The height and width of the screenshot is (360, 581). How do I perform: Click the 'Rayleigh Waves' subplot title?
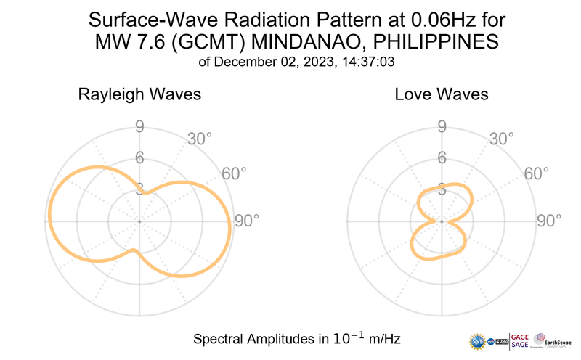pyautogui.click(x=139, y=94)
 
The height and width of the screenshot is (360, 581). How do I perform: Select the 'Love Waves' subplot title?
pyautogui.click(x=442, y=94)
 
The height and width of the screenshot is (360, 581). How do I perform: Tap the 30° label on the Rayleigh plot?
pyautogui.click(x=200, y=139)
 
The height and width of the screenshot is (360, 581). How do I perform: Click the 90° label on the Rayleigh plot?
pyautogui.click(x=246, y=220)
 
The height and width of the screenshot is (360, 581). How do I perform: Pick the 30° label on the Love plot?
pyautogui.click(x=502, y=139)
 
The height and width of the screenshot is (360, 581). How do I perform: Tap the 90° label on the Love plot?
pyautogui.click(x=548, y=220)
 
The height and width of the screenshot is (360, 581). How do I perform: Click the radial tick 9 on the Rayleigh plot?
pyautogui.click(x=139, y=128)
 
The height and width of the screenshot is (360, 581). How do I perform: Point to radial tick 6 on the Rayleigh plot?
pyautogui.click(x=139, y=157)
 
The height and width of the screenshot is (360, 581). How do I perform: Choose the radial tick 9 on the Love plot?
pyautogui.click(x=442, y=128)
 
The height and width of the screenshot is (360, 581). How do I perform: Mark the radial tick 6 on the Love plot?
pyautogui.click(x=442, y=157)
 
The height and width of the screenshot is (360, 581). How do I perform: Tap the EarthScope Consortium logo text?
pyautogui.click(x=558, y=338)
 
